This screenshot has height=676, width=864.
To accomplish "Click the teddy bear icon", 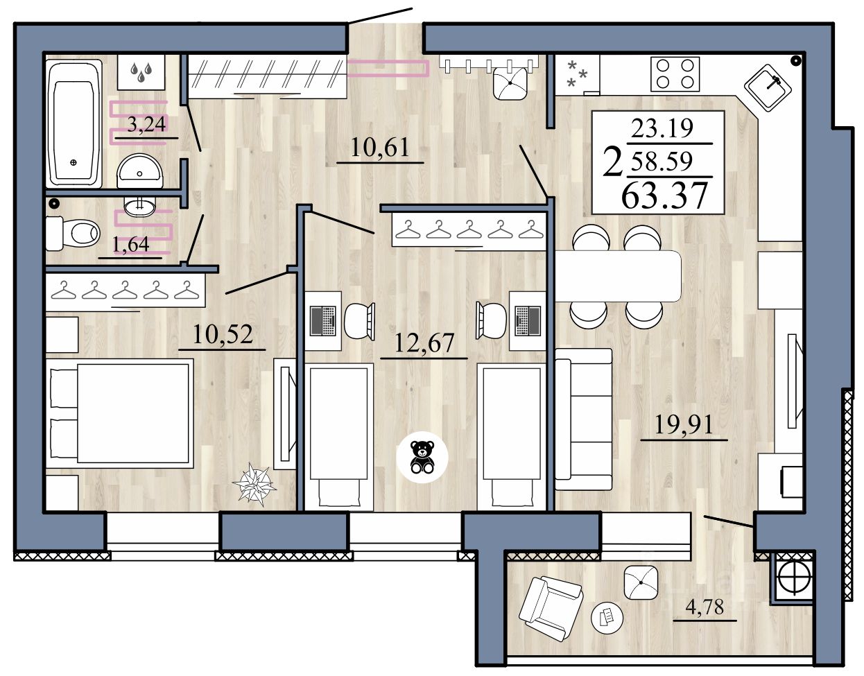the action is [x=422, y=457].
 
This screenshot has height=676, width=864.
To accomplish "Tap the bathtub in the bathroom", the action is [x=74, y=123].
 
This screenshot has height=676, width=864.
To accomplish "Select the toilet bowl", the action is [x=73, y=233].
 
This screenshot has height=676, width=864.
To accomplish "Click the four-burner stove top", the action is [x=675, y=74].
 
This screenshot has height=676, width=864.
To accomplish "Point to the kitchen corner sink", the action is [x=768, y=88].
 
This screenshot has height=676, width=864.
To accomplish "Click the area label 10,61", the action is [x=380, y=147].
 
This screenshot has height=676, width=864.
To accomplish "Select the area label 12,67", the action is [x=424, y=343].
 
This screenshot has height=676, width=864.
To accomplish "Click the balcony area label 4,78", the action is [x=705, y=607].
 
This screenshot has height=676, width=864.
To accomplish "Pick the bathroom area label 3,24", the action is [x=146, y=123].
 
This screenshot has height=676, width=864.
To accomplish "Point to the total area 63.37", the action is [x=664, y=196].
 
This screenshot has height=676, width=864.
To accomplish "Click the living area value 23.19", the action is [x=662, y=128].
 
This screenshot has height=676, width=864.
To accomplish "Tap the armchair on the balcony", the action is [x=551, y=614].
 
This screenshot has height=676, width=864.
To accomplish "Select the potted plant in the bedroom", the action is [x=254, y=484].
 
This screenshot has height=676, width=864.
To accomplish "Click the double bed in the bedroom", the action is [x=120, y=413].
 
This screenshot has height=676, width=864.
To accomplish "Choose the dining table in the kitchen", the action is [x=618, y=276].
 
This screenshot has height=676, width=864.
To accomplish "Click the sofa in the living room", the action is [x=583, y=419].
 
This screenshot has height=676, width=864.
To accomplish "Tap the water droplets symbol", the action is [x=141, y=72].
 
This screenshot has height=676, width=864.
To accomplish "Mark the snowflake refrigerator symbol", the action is [x=576, y=74].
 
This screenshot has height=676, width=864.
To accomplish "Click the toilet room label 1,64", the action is [x=131, y=245].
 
